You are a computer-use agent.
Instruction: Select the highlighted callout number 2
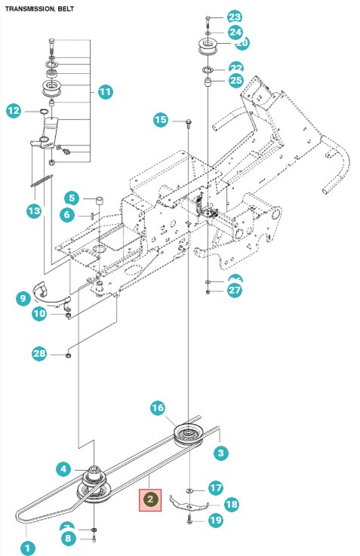(150, 499)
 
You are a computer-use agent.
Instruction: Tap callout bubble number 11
(104, 92)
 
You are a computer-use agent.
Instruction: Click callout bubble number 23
(235, 17)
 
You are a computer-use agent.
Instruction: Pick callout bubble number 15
(161, 119)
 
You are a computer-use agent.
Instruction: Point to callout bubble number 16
(157, 408)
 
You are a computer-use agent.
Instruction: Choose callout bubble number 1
(27, 548)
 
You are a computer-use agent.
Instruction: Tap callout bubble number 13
(33, 212)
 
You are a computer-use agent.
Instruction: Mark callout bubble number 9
(23, 298)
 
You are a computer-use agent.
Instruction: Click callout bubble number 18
(231, 504)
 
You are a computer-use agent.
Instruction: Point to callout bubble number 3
(220, 453)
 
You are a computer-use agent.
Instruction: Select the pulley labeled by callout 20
(205, 47)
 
